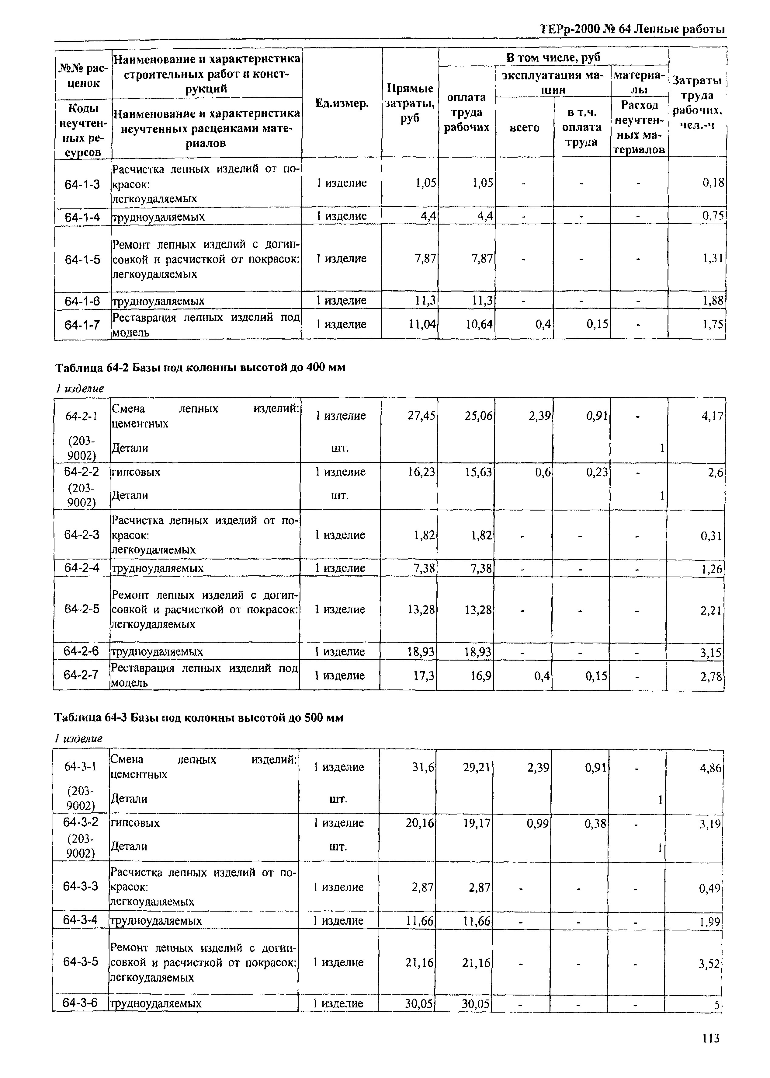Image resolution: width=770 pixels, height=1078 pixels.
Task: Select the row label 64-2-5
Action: pyautogui.click(x=82, y=609)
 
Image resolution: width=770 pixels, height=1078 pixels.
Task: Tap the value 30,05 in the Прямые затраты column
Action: pyautogui.click(x=419, y=1003)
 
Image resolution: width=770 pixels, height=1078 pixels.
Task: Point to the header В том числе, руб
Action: pyautogui.click(x=553, y=58)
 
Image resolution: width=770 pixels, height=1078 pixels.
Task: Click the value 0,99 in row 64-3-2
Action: pyautogui.click(x=538, y=823)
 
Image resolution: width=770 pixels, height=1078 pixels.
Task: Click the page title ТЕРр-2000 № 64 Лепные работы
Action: pyautogui.click(x=633, y=30)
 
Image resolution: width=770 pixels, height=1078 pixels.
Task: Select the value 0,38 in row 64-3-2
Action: pyautogui.click(x=595, y=823)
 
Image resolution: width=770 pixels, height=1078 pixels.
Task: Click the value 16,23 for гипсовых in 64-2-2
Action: pyautogui.click(x=421, y=472)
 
